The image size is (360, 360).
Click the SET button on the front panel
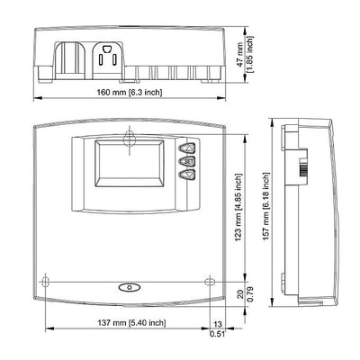(x=187, y=161)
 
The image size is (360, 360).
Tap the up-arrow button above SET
(x=187, y=148)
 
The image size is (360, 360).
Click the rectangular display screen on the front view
(x=130, y=164)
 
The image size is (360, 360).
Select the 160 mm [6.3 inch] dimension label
(x=130, y=92)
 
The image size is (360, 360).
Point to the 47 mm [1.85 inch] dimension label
(x=247, y=55)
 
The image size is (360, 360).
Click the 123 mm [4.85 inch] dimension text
(x=239, y=208)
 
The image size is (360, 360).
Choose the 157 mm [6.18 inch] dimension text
(x=266, y=206)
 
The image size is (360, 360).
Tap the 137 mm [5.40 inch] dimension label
(x=131, y=323)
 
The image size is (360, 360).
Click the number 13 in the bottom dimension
(x=218, y=324)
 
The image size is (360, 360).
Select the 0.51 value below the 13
(x=218, y=334)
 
